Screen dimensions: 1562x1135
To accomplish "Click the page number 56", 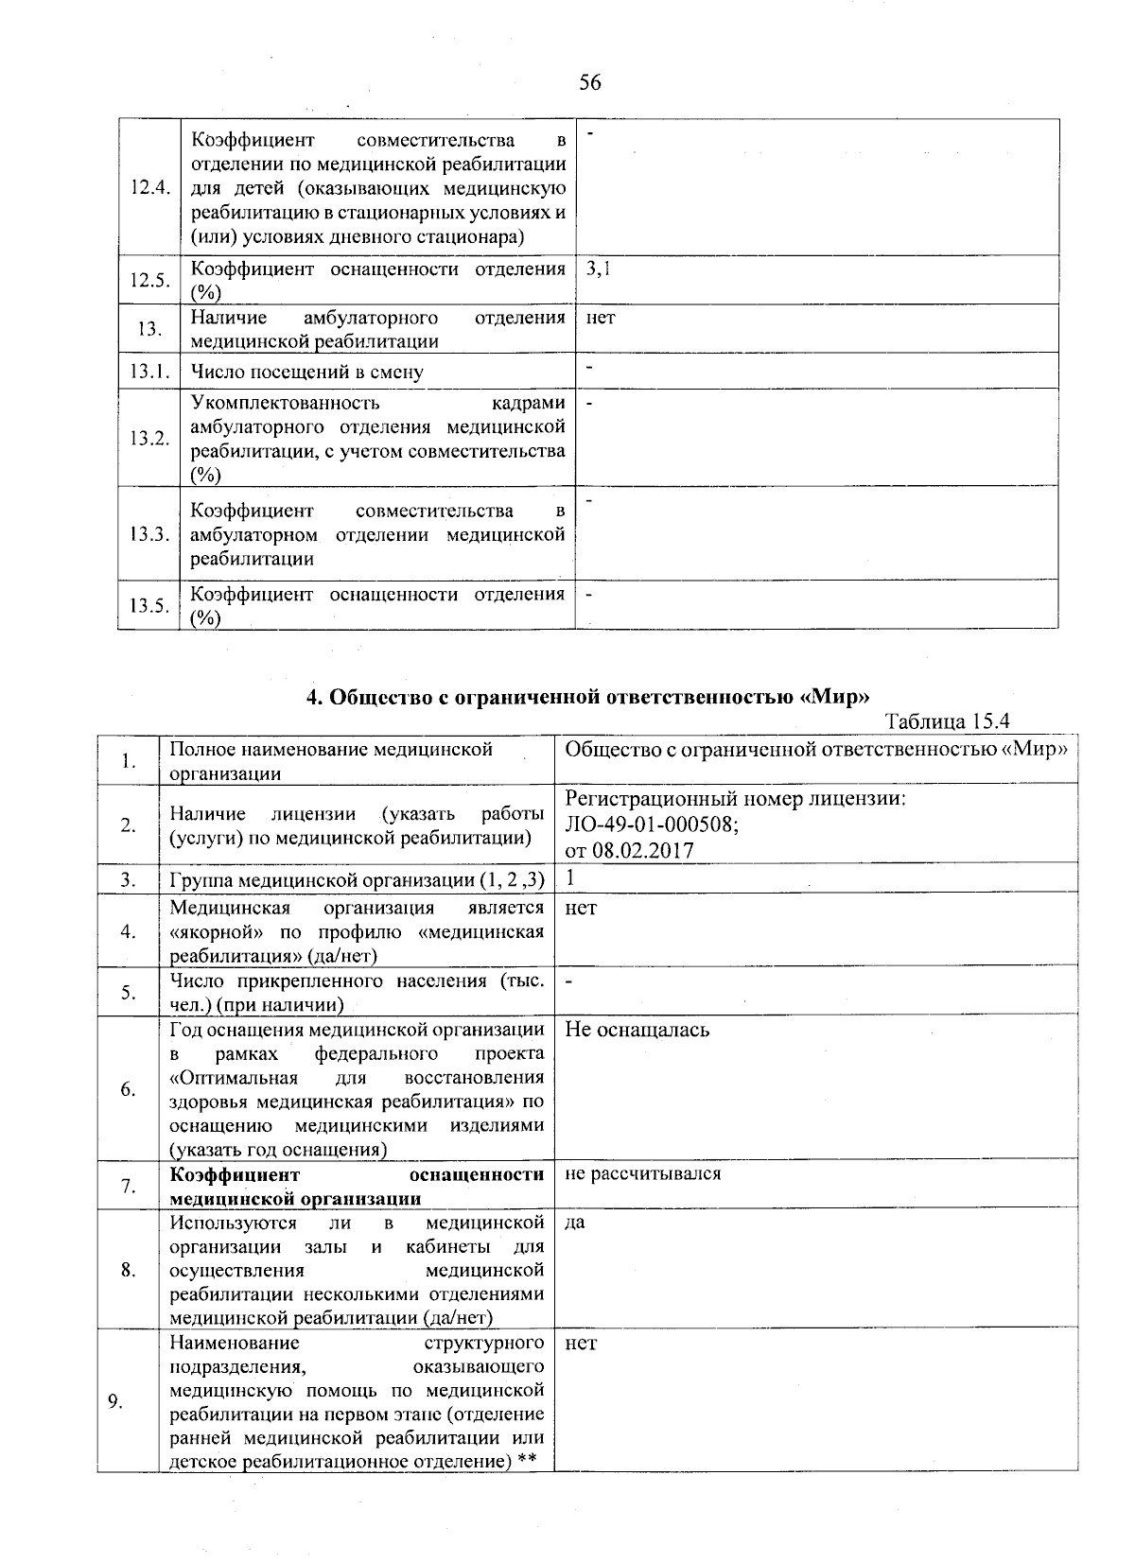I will pos(589,83).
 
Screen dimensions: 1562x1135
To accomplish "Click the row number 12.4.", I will pos(149,187).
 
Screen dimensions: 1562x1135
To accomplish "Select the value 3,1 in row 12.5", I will pos(599,269).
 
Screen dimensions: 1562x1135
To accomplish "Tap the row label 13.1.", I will pos(149,372).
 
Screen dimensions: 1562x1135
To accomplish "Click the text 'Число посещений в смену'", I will pos(306,373).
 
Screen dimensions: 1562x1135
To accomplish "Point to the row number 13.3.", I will pos(149,534).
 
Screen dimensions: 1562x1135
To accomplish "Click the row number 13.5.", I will pos(149,606).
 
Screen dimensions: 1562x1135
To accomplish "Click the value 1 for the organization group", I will pos(570,878).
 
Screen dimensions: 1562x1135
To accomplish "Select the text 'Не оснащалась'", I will pos(637,1030).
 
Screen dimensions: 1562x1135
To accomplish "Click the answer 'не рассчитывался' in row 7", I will pos(643,1174).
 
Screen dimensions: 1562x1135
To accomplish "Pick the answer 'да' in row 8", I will pos(574,1222).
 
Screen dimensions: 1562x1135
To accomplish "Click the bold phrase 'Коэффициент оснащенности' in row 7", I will pos(357,1174).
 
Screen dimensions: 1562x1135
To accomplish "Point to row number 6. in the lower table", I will pos(128,1089).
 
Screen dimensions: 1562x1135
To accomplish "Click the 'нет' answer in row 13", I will pos(600,319).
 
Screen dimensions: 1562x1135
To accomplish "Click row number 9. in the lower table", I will pos(115,1402).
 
